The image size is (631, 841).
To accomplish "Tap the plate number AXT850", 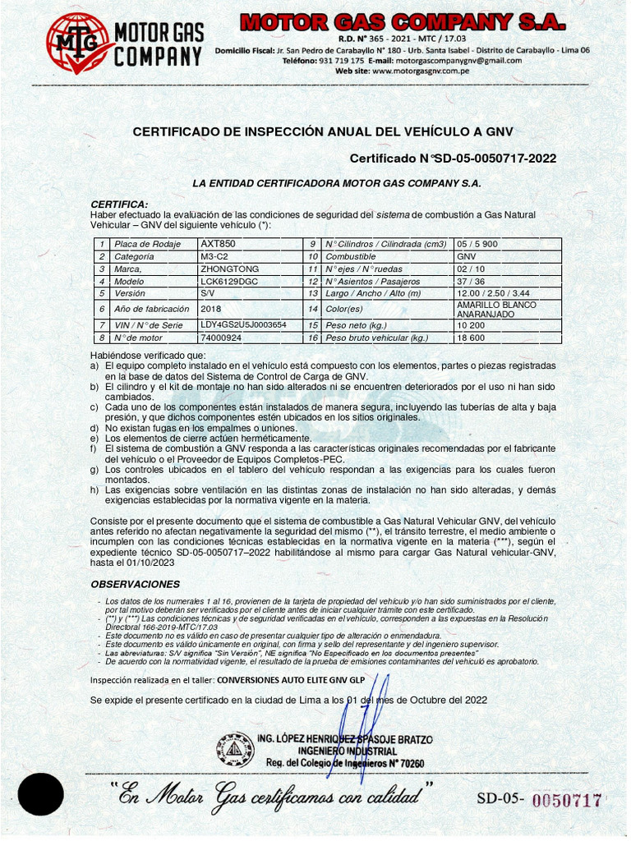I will coord(218,244).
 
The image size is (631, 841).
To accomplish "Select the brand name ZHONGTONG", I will coord(229,269).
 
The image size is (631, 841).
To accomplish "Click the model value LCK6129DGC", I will coord(228,281).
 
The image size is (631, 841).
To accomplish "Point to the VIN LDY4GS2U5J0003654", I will coord(243,325).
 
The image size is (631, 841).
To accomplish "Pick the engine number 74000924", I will coord(221,338).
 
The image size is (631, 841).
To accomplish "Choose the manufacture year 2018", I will coord(211,309).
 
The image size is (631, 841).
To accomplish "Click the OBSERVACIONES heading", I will coord(135,584).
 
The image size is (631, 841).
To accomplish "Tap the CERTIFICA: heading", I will coord(119,204).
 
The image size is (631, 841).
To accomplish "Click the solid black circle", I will coord(41,794).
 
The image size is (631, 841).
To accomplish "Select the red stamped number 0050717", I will coord(568,800).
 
